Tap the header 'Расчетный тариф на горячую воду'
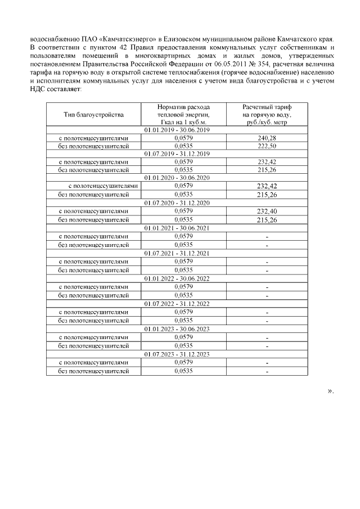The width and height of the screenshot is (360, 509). pos(267,114)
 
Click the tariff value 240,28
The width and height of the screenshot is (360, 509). pos(267,138)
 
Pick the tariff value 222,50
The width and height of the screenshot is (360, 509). pos(267,145)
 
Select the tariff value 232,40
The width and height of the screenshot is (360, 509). pos(267,211)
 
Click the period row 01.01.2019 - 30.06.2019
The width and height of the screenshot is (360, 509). pos(177,130)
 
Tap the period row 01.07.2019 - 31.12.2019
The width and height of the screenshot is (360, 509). pos(177,154)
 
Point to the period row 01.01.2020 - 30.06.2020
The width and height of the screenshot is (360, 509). pos(177,178)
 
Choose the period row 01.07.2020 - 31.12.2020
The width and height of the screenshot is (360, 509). pos(177,203)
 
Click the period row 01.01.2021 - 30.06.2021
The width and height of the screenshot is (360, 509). pos(177,228)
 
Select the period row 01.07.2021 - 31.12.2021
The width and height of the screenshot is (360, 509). pos(177,253)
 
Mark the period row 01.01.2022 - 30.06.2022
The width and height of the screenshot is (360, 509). pos(177,278)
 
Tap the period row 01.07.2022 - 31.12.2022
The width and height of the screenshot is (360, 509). pos(177,304)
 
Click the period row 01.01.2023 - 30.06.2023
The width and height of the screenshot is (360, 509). pos(177,329)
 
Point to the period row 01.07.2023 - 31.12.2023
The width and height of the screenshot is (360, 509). pos(177,354)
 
